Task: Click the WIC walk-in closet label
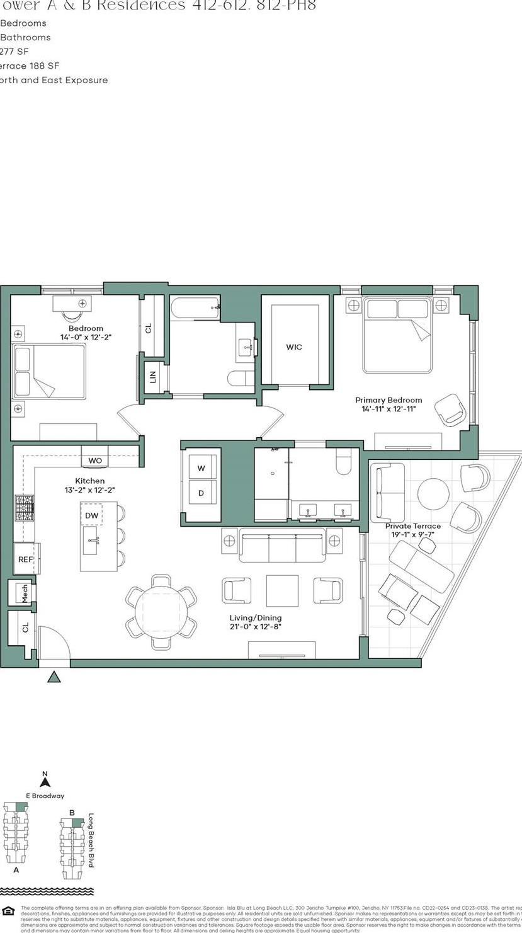[293, 347]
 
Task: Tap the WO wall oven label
[95, 461]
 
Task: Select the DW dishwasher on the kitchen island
[92, 515]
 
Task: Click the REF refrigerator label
[25, 559]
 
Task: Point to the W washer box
[201, 468]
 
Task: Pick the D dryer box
[201, 493]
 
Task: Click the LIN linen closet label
[152, 377]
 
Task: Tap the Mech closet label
[25, 593]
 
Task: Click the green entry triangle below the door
[54, 677]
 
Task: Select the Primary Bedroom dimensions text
[389, 409]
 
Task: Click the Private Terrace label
[413, 526]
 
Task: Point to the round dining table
[161, 612]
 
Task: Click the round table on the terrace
[433, 493]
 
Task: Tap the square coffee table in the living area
[282, 590]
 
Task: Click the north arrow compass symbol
[45, 781]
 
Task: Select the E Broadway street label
[45, 796]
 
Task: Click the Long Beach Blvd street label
[91, 840]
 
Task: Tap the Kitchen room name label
[89, 481]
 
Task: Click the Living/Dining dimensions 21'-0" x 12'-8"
[256, 627]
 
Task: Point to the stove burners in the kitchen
[25, 507]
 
